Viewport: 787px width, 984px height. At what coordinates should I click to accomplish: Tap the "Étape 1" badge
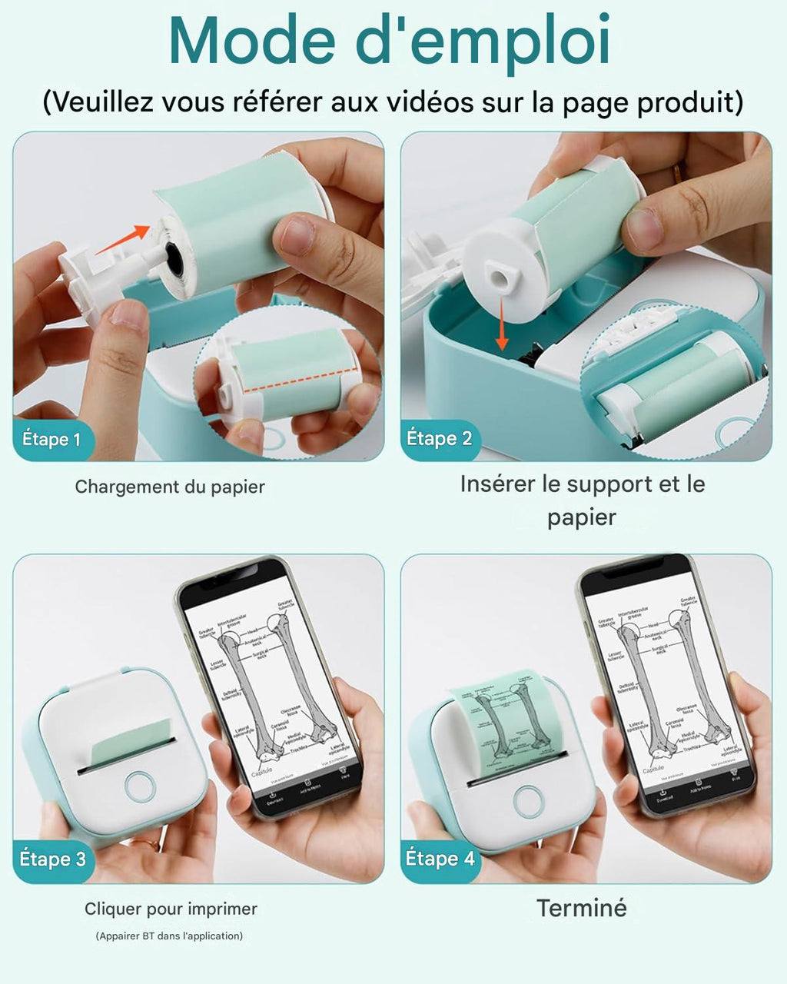[x=51, y=440]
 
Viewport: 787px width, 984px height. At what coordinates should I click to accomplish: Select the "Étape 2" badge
[x=439, y=439]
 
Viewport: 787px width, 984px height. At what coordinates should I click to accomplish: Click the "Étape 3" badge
[x=52, y=859]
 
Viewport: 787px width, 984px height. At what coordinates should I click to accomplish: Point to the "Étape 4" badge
[x=440, y=859]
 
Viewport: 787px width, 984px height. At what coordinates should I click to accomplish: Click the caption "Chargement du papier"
[x=170, y=487]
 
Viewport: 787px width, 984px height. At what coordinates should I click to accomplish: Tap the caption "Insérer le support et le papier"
[x=582, y=500]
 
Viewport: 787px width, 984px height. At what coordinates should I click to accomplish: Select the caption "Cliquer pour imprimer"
[x=171, y=909]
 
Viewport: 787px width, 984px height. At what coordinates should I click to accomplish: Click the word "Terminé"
[x=582, y=908]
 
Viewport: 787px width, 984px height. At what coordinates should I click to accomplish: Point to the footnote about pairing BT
[x=169, y=936]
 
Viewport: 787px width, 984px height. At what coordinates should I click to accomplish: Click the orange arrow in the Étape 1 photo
[x=122, y=239]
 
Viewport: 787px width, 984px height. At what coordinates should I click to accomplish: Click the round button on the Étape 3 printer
[x=140, y=786]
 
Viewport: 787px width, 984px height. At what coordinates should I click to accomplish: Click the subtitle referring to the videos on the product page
[x=393, y=101]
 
